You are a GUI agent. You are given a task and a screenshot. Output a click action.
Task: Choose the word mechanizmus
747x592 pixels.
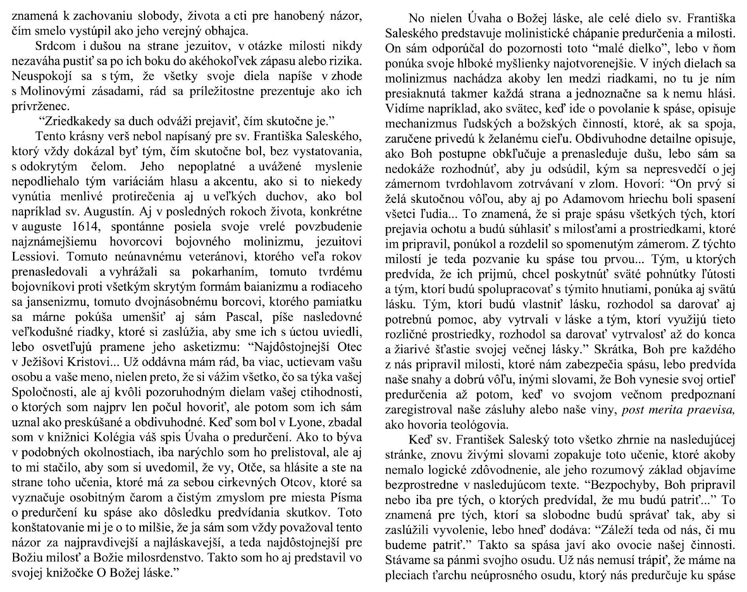pyautogui.click(x=420, y=124)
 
